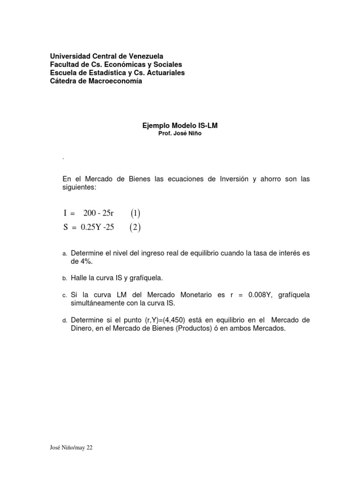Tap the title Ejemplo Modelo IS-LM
[x=180, y=126]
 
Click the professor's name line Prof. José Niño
[x=180, y=134]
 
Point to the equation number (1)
[x=135, y=214]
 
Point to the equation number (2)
[x=135, y=228]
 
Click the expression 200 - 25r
[x=98, y=214]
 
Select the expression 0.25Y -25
[x=97, y=228]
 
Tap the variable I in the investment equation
[x=65, y=214]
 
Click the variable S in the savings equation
[x=66, y=228]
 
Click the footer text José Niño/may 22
[x=71, y=448]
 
